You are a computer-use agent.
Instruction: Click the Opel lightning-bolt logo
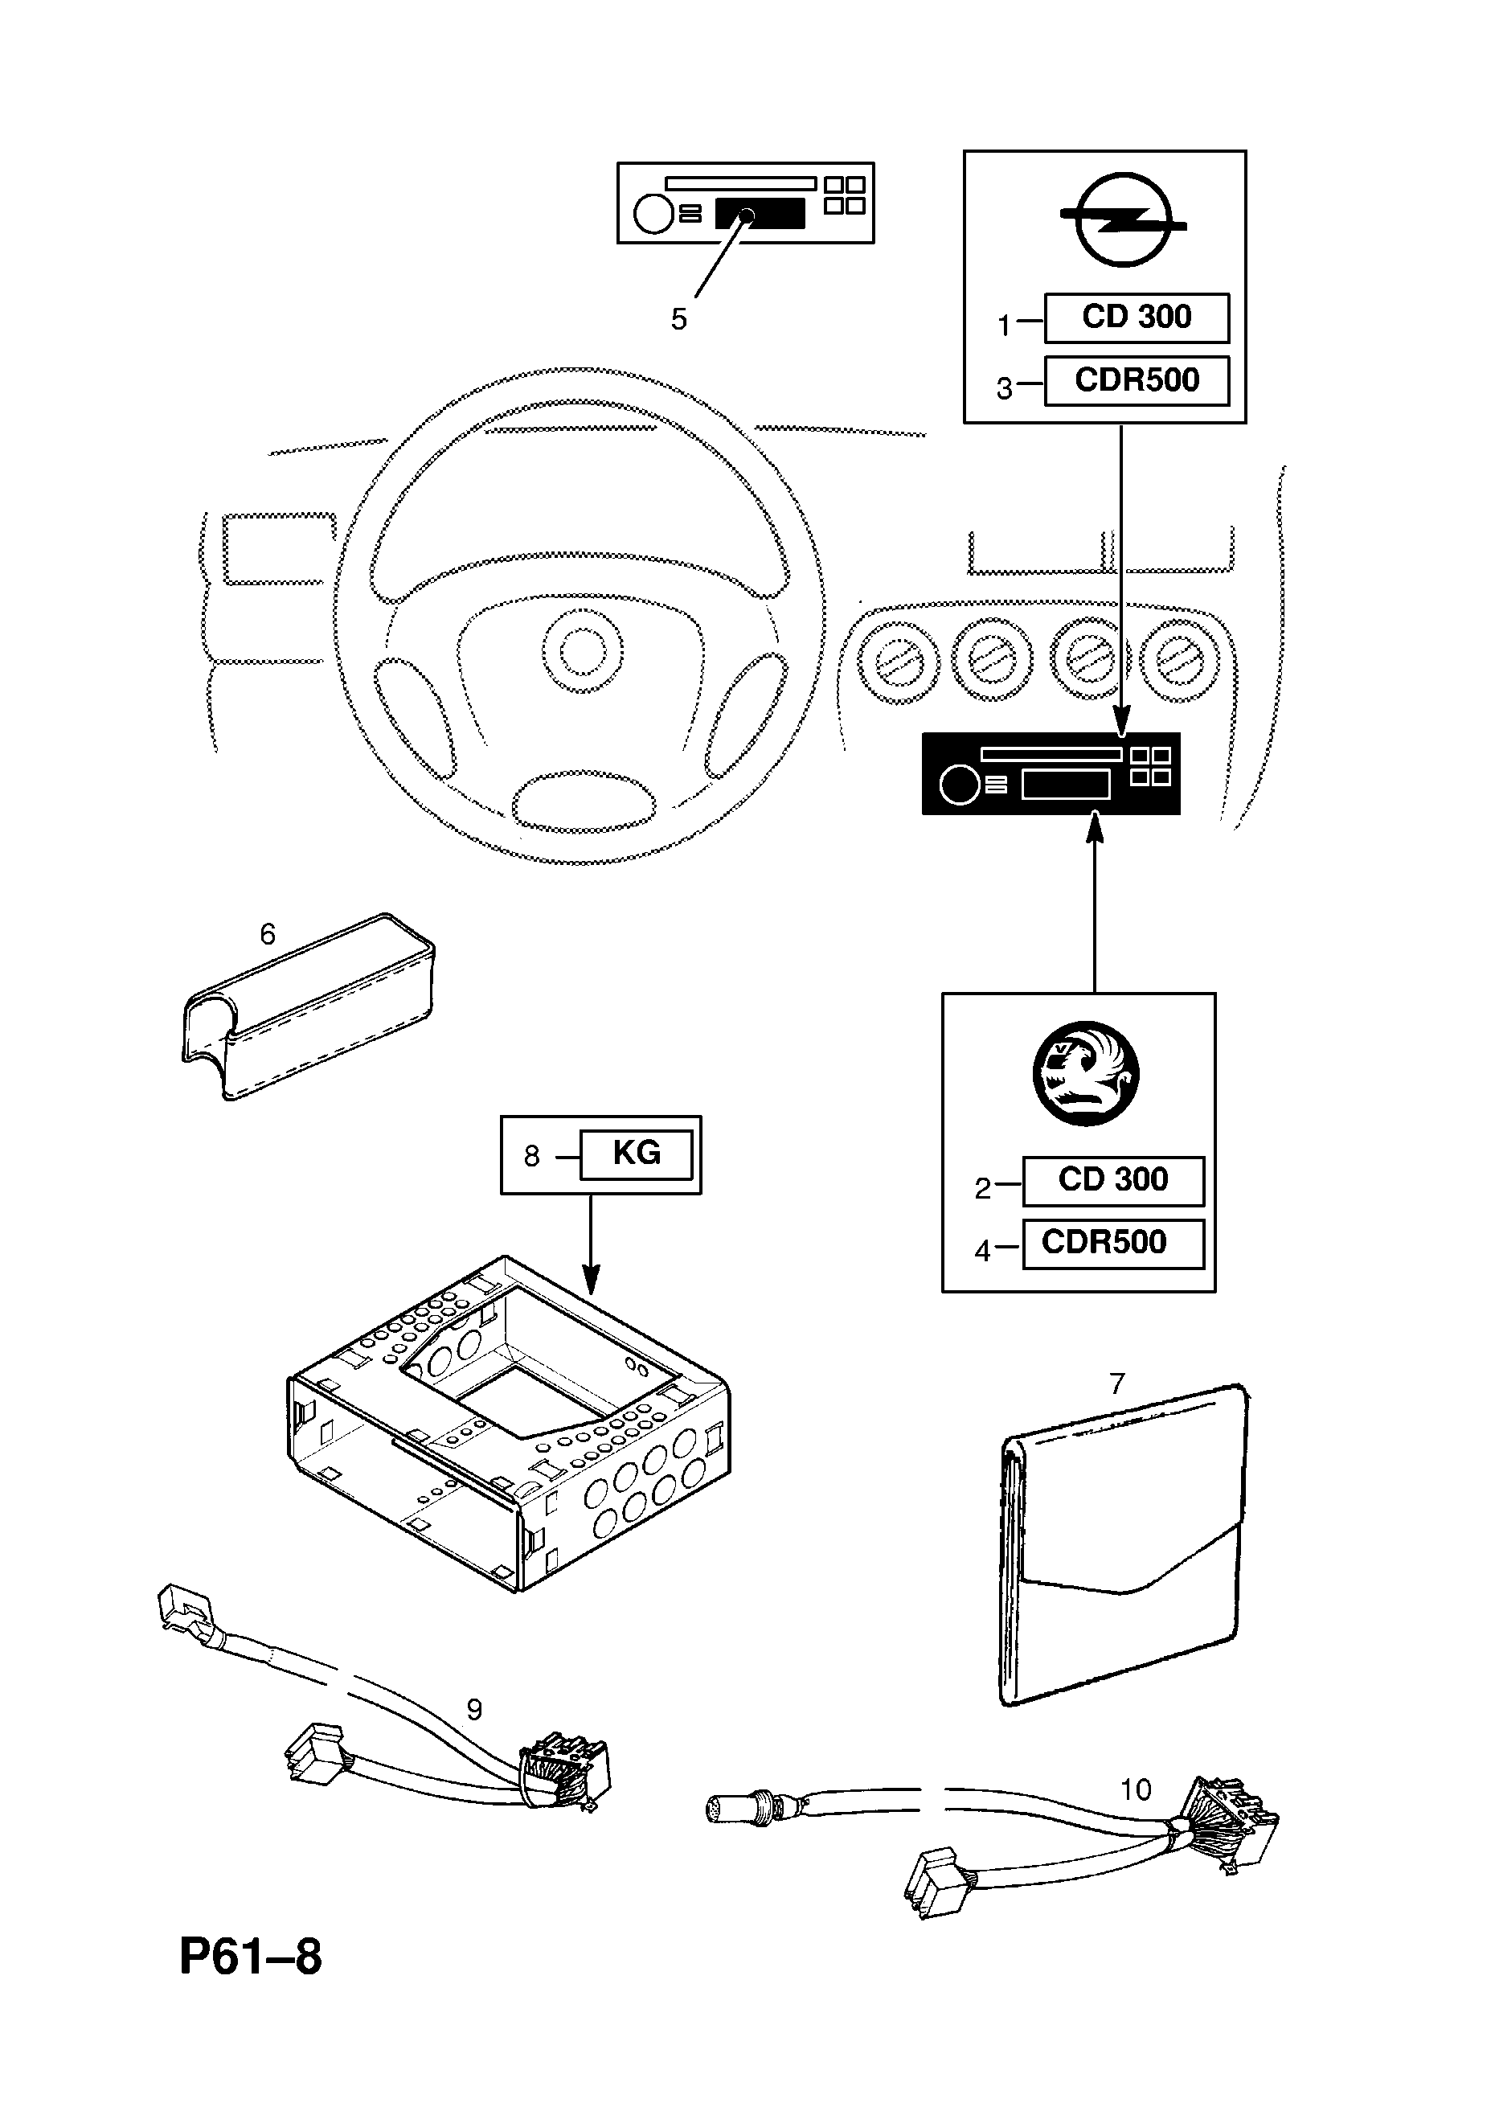click(1123, 219)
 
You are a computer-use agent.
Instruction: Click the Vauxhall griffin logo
click(1085, 1074)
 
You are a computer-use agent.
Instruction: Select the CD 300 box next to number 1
click(1136, 318)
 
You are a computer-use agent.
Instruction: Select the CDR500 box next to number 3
click(1136, 380)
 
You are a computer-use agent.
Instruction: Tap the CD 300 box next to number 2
click(1112, 1181)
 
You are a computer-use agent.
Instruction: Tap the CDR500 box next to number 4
click(1112, 1244)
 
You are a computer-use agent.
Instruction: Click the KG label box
click(636, 1154)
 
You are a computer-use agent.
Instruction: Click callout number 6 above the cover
click(267, 934)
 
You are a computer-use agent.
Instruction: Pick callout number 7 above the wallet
click(1117, 1408)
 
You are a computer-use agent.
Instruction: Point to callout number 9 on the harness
click(474, 1710)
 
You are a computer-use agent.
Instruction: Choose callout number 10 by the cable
click(1136, 1789)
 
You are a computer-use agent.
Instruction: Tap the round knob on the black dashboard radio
click(959, 785)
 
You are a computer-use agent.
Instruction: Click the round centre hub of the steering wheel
click(582, 653)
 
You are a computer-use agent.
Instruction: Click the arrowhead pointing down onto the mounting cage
click(591, 1281)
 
